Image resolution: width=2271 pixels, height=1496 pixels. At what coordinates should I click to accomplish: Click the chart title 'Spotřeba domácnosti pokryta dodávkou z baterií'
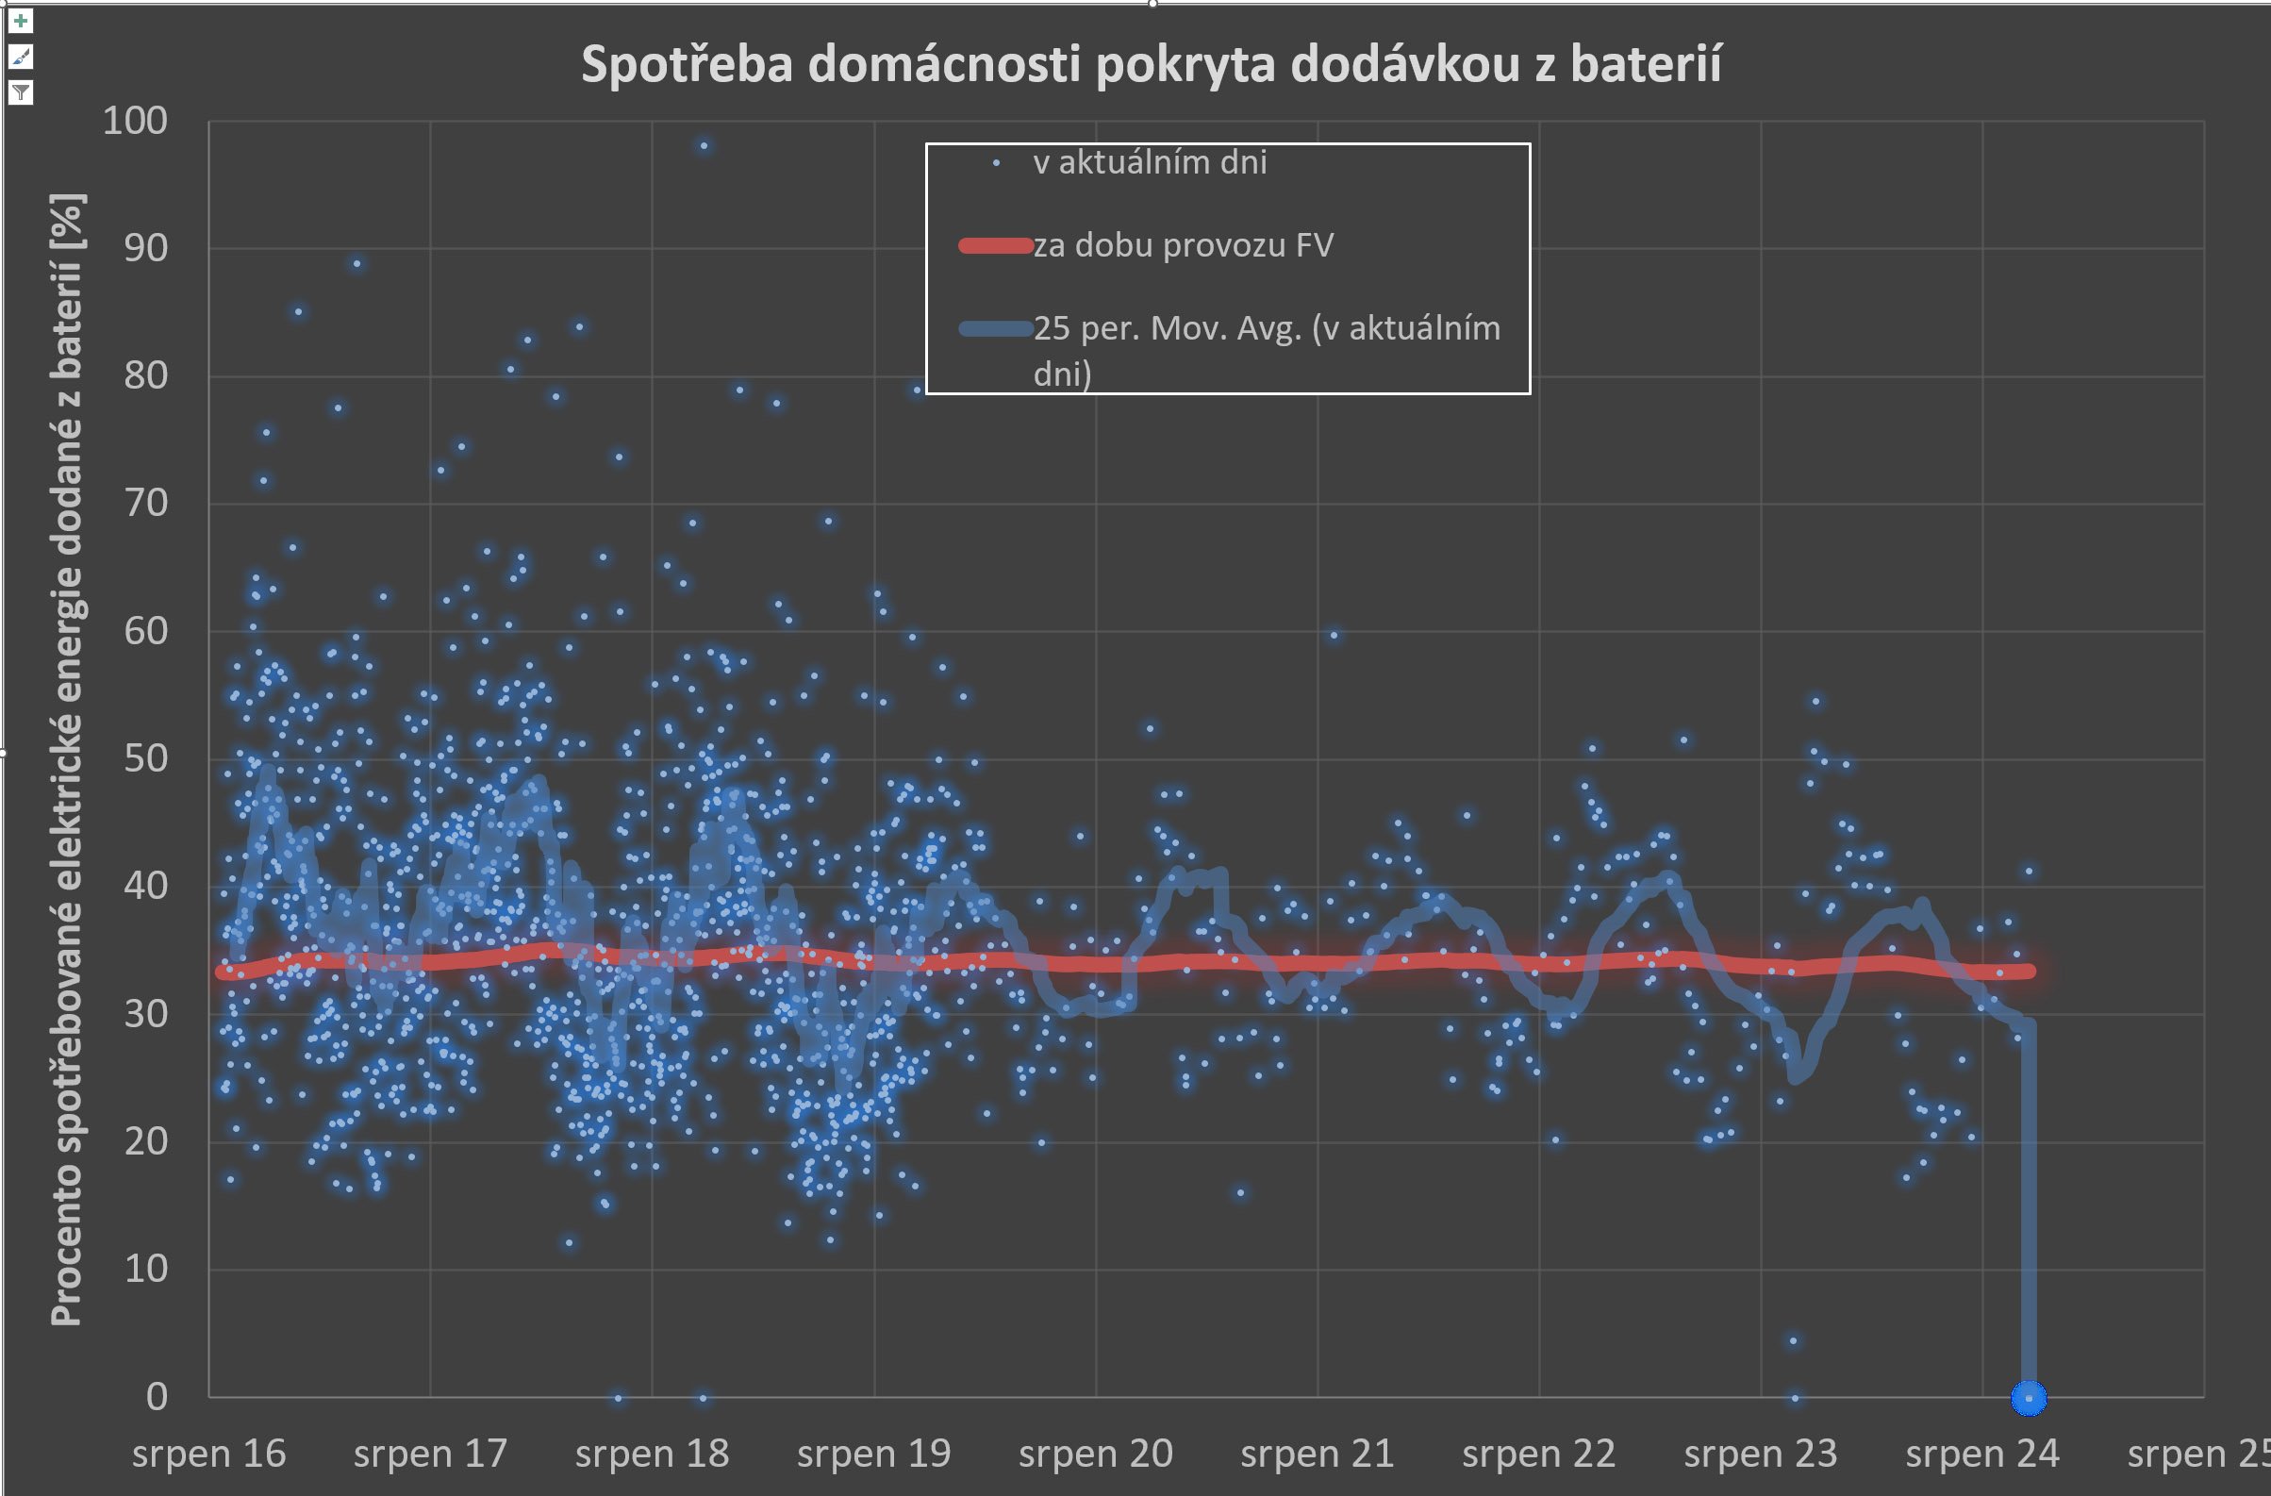[1151, 65]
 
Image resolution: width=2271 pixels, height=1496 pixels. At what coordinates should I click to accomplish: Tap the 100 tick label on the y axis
[135, 121]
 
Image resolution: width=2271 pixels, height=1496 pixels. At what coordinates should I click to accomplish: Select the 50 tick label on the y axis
[145, 758]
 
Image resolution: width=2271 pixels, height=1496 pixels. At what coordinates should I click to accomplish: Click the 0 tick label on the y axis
[157, 1397]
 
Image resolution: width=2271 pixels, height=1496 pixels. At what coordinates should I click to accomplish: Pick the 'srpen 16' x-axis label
[209, 1454]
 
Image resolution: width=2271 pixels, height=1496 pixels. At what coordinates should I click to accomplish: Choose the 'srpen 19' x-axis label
[873, 1454]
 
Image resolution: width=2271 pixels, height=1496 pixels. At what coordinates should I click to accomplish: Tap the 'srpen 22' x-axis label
[1538, 1454]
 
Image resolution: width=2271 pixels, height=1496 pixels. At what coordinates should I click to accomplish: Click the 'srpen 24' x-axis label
[1981, 1454]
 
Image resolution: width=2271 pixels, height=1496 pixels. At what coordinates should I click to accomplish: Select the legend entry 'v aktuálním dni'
[1149, 163]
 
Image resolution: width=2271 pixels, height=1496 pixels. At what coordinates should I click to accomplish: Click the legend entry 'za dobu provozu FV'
[1183, 246]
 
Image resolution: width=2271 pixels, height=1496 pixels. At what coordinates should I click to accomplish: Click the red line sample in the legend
[995, 246]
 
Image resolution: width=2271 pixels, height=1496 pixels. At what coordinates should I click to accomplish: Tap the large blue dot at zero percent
[2029, 1398]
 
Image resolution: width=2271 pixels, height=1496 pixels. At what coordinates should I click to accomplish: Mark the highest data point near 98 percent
[705, 146]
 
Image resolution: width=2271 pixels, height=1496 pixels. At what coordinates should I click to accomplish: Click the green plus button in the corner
[21, 21]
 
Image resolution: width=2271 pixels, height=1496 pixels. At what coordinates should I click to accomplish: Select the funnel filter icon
[21, 92]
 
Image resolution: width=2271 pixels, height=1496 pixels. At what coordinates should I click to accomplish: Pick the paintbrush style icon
[21, 58]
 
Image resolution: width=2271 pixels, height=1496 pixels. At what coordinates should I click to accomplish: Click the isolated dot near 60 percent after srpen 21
[1334, 636]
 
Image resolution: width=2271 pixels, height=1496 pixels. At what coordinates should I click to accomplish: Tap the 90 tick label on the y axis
[145, 248]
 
